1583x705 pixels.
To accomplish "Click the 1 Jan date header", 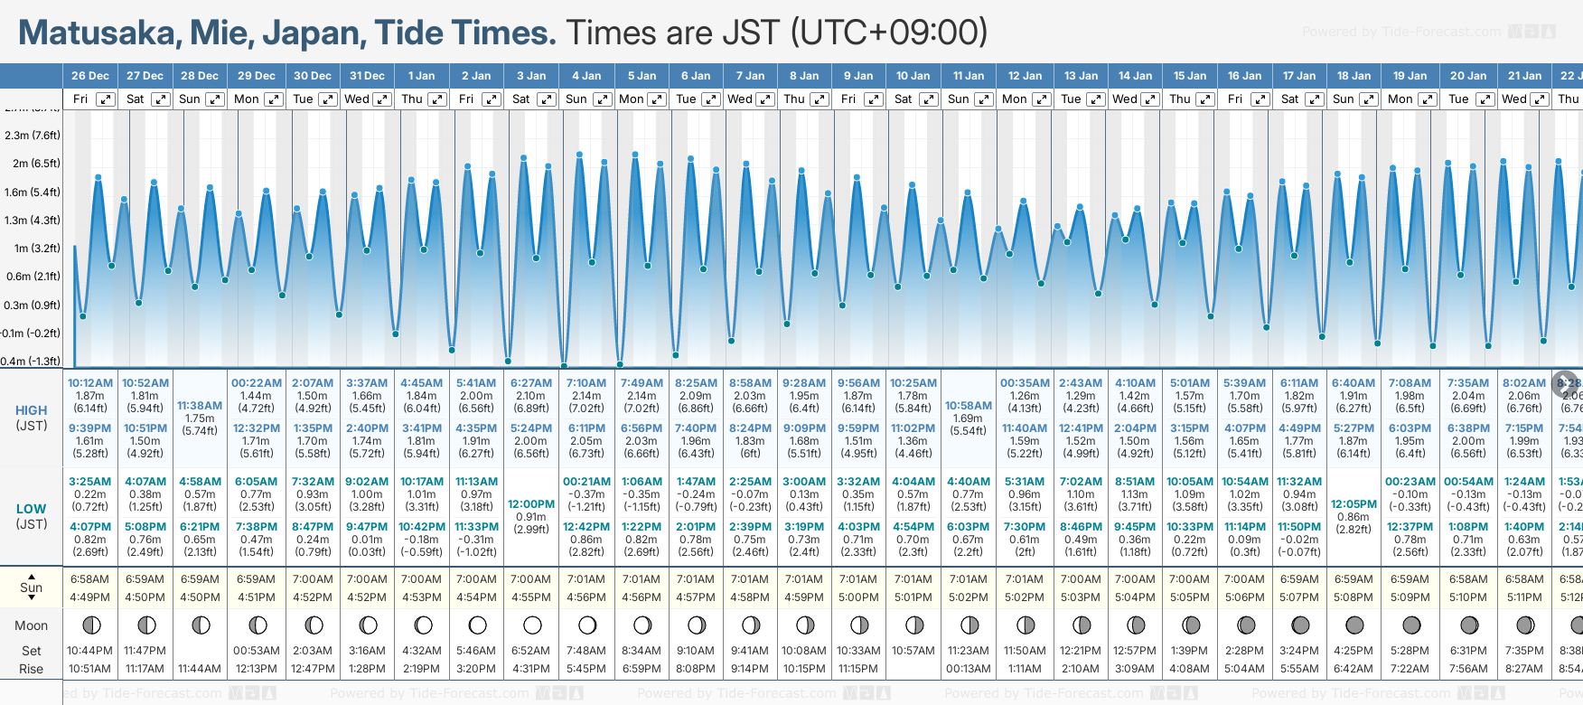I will [x=421, y=76].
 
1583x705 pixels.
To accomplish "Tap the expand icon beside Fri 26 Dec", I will [x=106, y=99].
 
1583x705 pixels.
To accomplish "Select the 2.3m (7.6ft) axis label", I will [x=33, y=136].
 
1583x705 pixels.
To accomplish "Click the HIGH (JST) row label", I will [x=32, y=418].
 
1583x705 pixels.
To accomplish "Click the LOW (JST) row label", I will [x=32, y=516].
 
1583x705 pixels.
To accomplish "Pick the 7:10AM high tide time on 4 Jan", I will [x=586, y=383].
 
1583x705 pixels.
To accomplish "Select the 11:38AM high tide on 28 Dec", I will [x=200, y=406].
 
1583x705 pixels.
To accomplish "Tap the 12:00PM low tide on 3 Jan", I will [x=531, y=504].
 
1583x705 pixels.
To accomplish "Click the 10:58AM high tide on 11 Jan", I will [x=969, y=406].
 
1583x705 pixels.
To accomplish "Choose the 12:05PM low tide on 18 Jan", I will [x=1354, y=504].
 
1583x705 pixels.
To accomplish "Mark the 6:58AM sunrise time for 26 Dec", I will [x=89, y=579].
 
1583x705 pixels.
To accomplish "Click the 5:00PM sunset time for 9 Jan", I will [x=858, y=597].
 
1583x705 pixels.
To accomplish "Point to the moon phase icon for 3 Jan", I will [x=532, y=625].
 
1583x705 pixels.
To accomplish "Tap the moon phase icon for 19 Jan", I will [x=1410, y=625].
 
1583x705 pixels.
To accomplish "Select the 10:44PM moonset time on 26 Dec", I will [x=89, y=651].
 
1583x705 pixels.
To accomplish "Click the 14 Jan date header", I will [x=1136, y=76].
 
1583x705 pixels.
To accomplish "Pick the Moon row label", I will [x=32, y=625].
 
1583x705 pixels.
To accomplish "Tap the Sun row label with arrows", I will [x=32, y=587].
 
